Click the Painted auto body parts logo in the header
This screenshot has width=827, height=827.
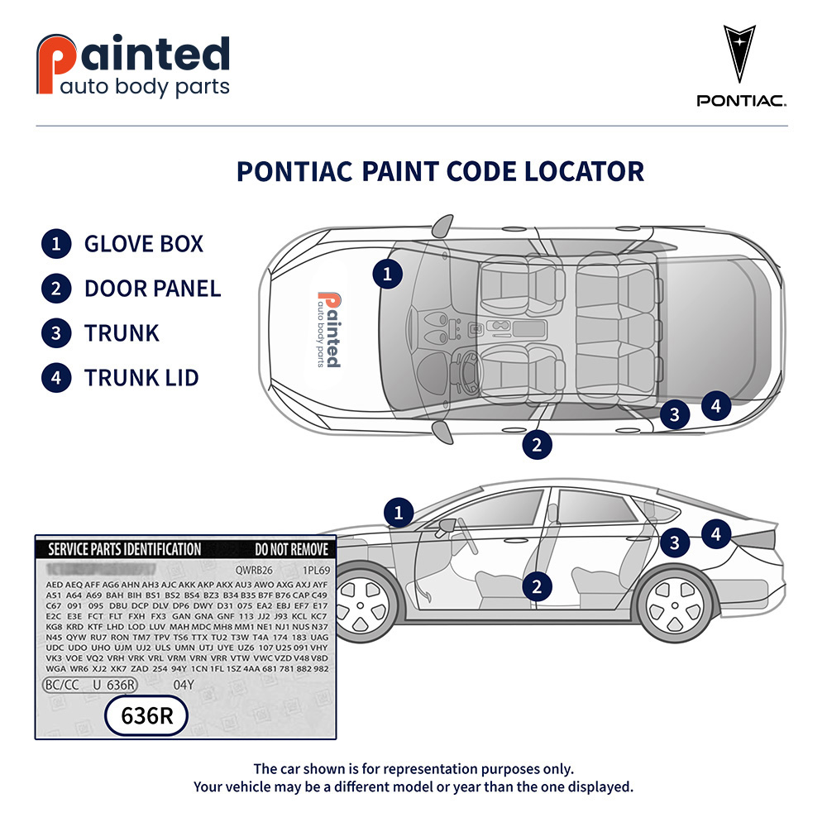pyautogui.click(x=133, y=65)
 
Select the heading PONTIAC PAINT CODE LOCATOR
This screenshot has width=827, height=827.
pyautogui.click(x=440, y=171)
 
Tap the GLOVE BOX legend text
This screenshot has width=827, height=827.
pyautogui.click(x=143, y=244)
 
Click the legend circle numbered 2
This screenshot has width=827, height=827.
pyautogui.click(x=55, y=289)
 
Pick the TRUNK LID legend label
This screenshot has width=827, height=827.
pyautogui.click(x=141, y=378)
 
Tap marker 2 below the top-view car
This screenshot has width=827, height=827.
pyautogui.click(x=537, y=444)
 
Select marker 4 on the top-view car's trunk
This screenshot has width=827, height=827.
pyautogui.click(x=716, y=405)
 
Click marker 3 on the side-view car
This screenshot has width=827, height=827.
pyautogui.click(x=676, y=543)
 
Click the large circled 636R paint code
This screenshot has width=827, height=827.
pyautogui.click(x=147, y=716)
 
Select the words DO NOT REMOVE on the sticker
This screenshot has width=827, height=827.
pyautogui.click(x=291, y=549)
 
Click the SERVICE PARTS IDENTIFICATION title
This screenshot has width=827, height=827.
pyautogui.click(x=124, y=549)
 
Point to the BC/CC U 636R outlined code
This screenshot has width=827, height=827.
pyautogui.click(x=90, y=685)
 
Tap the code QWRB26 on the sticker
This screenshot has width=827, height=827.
pyautogui.click(x=254, y=570)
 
